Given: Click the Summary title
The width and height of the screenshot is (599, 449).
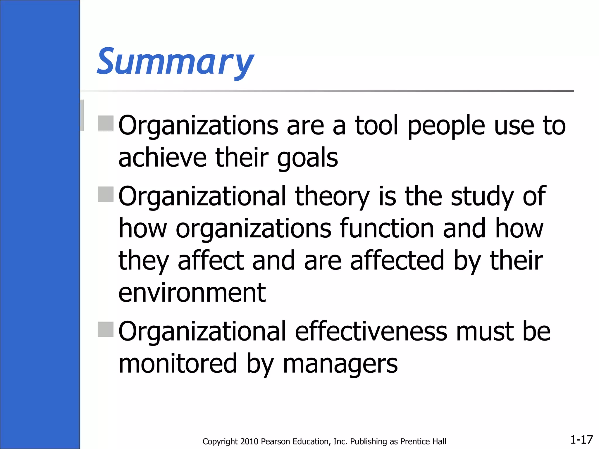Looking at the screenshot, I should click(175, 62).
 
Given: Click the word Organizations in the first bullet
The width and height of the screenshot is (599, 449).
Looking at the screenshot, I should click(198, 126).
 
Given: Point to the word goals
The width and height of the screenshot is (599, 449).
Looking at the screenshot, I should click(307, 158).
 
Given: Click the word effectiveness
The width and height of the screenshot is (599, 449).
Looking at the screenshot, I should click(371, 331).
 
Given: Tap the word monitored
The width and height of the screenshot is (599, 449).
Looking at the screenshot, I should click(178, 364).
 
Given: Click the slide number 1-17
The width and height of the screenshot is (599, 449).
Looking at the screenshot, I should click(581, 439).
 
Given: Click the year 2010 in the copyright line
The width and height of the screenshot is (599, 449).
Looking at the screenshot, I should click(249, 441).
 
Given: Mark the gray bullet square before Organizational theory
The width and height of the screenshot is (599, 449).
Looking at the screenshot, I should click(106, 194).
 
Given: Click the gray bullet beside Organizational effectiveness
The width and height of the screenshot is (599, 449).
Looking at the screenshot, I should click(106, 329).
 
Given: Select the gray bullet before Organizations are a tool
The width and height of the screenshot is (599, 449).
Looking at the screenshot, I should click(106, 123).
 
